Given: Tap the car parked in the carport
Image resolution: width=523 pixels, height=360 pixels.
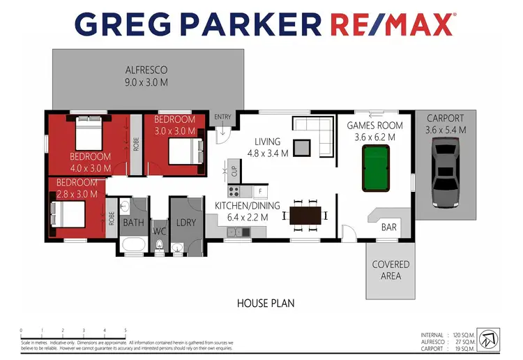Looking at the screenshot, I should [446, 172].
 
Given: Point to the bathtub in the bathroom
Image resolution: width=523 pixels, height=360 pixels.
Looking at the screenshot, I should [132, 244].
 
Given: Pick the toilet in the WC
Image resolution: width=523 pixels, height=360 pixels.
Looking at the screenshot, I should [160, 246].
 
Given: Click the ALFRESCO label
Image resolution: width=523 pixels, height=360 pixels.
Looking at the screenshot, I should [146, 70].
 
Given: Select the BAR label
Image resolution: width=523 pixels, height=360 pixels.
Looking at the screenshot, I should [389, 227].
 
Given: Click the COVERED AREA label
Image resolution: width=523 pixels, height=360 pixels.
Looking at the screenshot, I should [391, 270].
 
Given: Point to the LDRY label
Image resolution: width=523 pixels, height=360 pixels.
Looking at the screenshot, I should [185, 223].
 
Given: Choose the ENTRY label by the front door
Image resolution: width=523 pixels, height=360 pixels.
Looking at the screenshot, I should [222, 117].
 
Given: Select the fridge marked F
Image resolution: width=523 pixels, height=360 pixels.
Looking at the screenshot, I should [259, 190].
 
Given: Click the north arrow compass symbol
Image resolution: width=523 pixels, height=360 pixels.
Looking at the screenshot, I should [492, 338].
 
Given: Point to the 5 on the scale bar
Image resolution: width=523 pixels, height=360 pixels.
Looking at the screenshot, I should [126, 331].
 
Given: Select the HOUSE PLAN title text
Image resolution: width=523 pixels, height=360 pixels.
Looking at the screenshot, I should [266, 303].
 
